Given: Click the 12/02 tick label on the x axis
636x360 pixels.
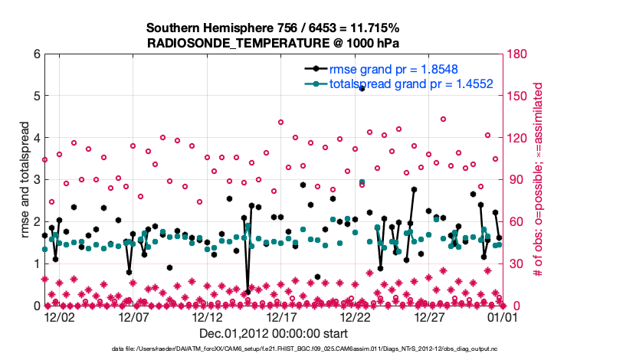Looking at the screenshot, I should (60, 316).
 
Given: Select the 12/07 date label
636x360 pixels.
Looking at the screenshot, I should (133, 316).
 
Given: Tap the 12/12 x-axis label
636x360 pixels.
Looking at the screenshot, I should (207, 316).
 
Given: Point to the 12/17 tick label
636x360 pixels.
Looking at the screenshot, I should (281, 316).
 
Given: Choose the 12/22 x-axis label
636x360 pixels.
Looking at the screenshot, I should (356, 316).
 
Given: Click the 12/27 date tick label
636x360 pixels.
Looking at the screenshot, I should (429, 316).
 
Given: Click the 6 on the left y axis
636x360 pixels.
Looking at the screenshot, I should (36, 54).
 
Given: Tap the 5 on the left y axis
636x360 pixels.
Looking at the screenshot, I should (36, 97).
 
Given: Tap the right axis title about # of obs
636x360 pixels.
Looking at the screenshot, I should (538, 180).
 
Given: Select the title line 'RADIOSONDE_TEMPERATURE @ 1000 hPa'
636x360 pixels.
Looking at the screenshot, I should (273, 43).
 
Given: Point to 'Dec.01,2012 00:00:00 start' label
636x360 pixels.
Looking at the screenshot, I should (273, 333).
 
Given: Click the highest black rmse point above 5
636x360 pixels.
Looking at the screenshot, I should (362, 89).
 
